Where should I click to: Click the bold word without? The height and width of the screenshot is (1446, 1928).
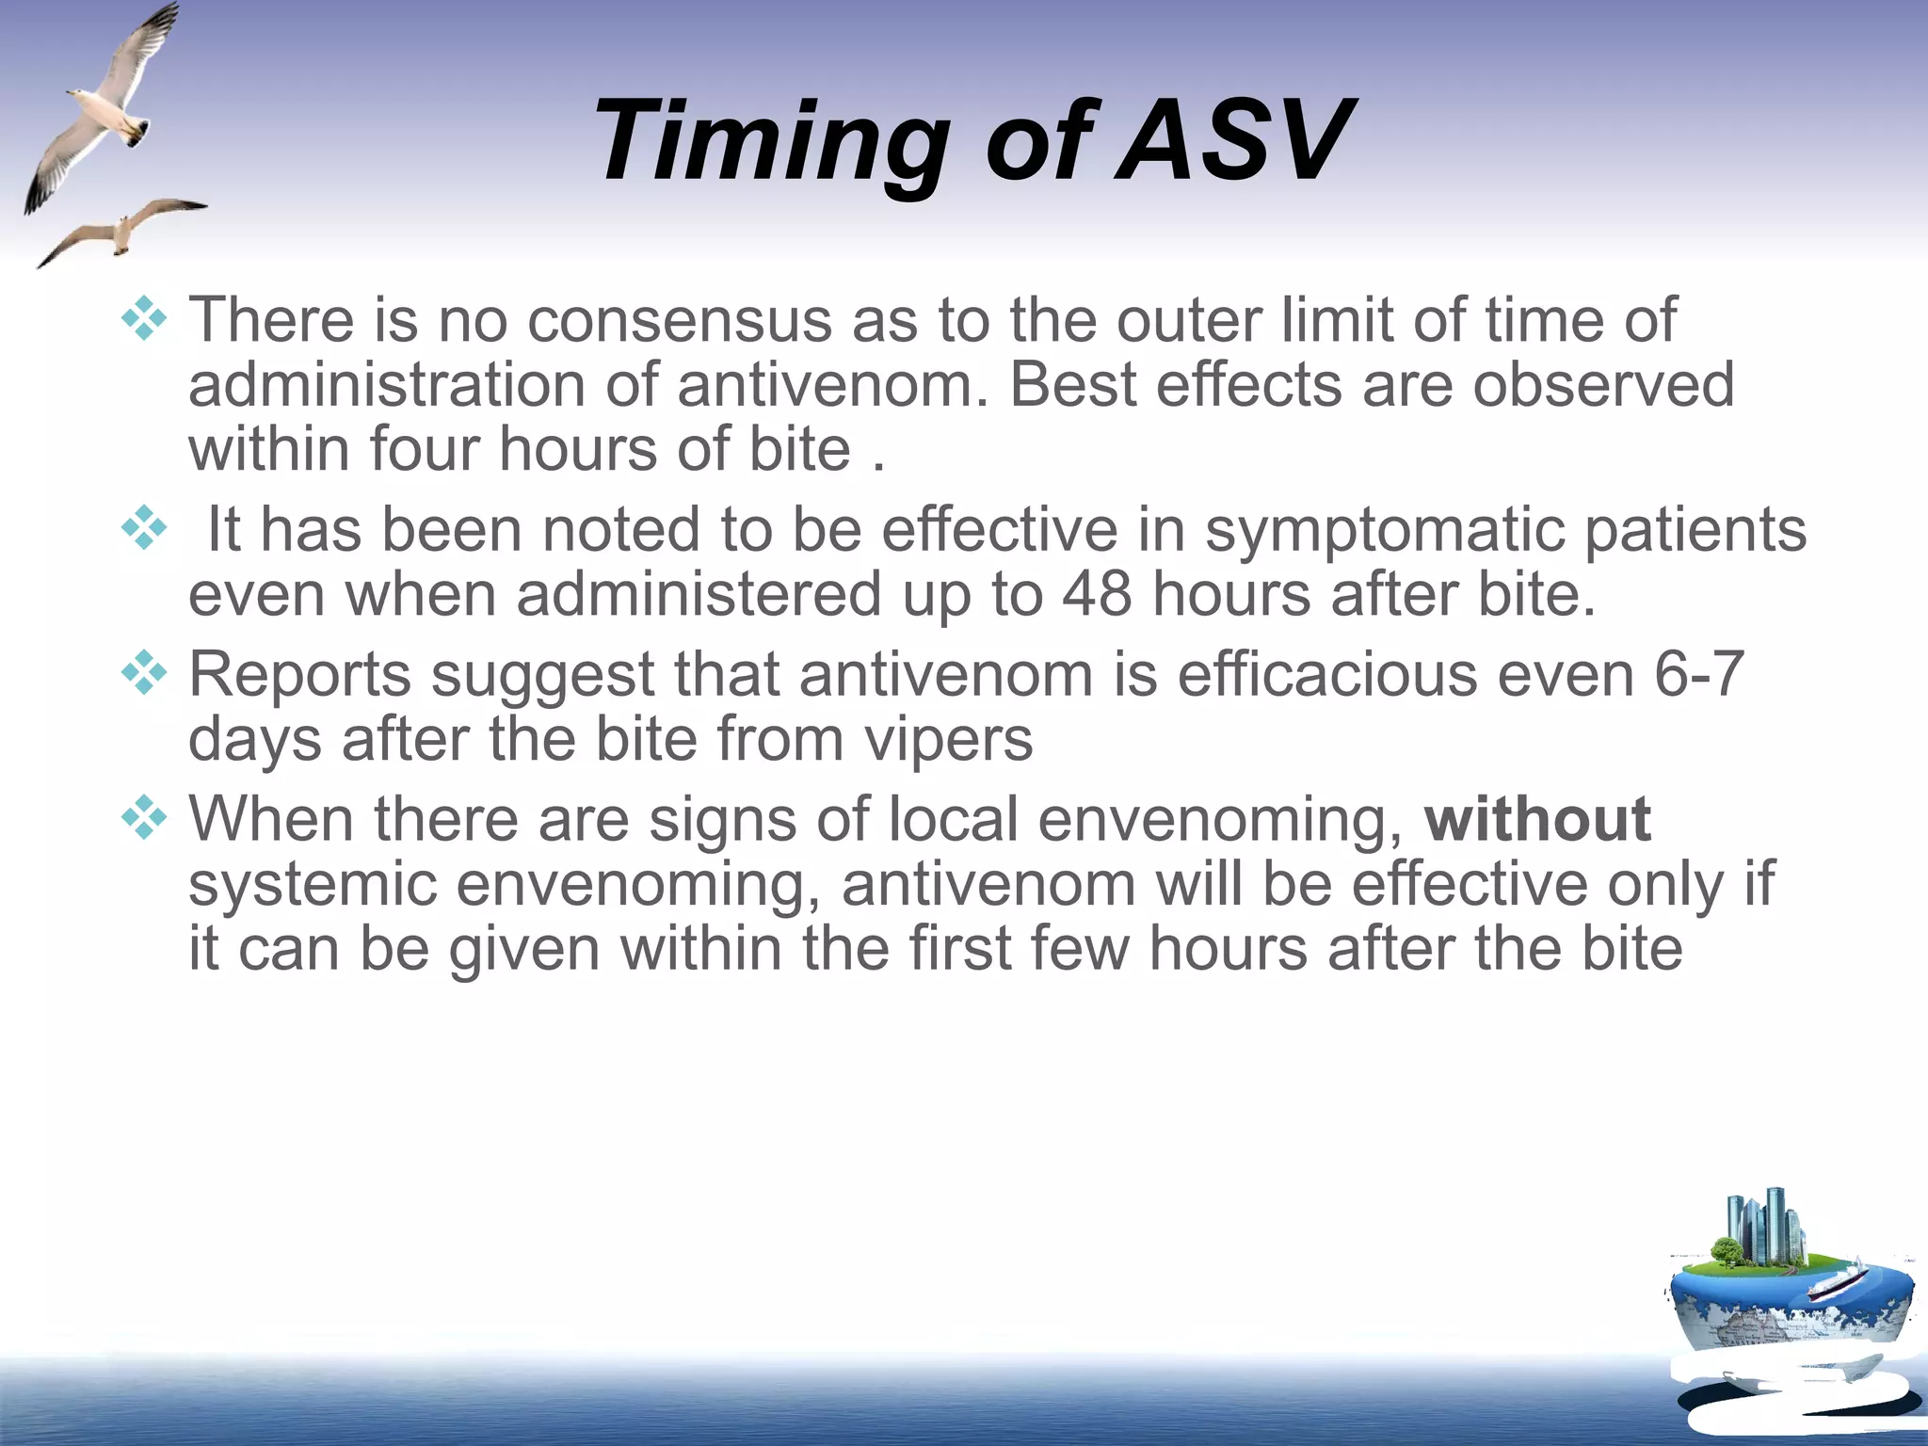tap(1537, 819)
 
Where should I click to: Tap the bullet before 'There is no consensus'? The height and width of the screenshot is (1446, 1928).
tap(144, 318)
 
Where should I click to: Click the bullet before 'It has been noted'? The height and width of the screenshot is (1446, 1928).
tap(144, 528)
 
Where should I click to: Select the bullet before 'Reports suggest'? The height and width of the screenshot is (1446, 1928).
tap(144, 673)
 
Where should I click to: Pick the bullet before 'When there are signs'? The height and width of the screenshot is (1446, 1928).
tap(144, 817)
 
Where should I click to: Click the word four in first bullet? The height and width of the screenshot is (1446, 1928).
tap(424, 449)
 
